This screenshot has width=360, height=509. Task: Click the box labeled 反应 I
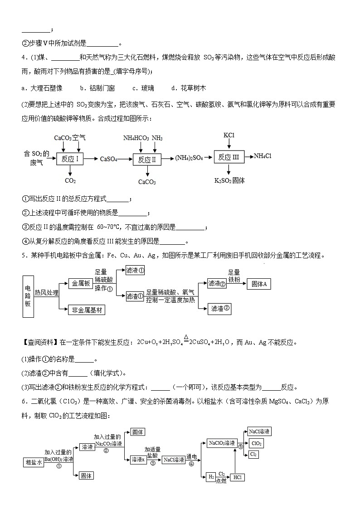coord(70,158)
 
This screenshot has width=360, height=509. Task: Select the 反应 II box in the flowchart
coord(147,159)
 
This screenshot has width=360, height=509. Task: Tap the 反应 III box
coord(229,157)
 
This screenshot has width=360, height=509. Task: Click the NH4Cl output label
coord(263,156)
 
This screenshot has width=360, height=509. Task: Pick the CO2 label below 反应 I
coord(70,181)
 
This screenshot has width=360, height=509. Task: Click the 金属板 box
coord(81,283)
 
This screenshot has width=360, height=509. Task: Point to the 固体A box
coord(260,284)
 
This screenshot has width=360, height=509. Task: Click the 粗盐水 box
coord(34,462)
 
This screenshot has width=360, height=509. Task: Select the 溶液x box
coord(138,460)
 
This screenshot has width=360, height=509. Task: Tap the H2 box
coord(211,477)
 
